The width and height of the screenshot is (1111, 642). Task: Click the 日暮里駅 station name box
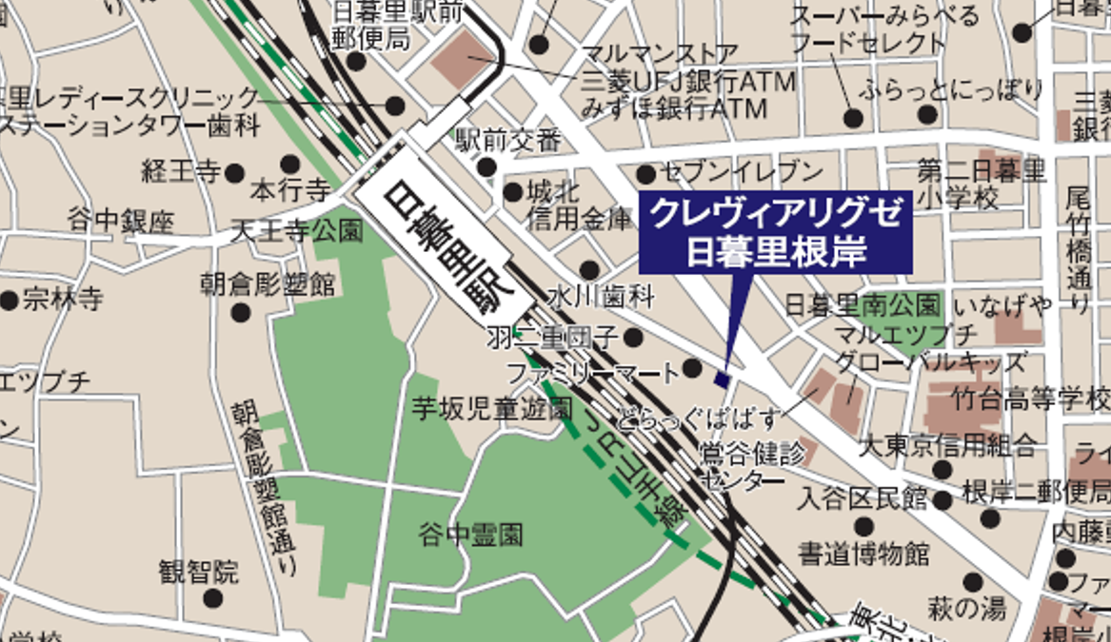pos(445,251)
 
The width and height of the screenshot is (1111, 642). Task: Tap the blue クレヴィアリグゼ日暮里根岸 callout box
pos(776,232)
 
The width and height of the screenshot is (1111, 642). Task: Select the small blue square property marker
pos(722,379)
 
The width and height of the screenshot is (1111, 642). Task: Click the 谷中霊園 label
pos(471,535)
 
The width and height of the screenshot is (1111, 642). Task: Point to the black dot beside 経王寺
pos(235,173)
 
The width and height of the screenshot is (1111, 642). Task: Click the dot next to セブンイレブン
pos(645,174)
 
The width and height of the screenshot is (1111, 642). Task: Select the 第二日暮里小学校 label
pos(982,185)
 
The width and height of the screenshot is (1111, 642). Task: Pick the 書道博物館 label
pos(863,553)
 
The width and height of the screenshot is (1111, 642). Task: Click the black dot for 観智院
pos(212,598)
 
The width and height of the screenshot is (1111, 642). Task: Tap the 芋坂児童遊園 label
pos(491,410)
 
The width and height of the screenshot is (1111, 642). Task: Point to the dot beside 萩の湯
pos(973,582)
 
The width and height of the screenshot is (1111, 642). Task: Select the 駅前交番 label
pos(508,142)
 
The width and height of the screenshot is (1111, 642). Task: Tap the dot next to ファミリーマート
pos(692,368)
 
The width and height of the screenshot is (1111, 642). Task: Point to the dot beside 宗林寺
pos(10,302)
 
